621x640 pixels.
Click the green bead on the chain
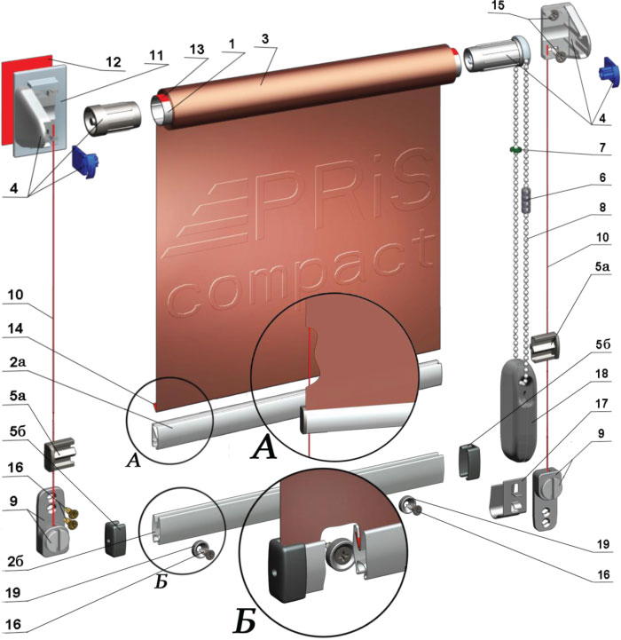515,149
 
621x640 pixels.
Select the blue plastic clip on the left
86,162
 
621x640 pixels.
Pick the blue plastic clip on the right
609,73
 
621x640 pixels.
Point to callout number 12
114,61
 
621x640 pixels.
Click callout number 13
197,49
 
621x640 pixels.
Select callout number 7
602,146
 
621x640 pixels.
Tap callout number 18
601,373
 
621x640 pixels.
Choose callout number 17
601,403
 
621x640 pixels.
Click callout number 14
15,328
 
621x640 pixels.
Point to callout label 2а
17,361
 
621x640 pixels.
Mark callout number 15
498,5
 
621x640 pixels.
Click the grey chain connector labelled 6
527,199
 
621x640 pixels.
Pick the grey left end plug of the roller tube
112,118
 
